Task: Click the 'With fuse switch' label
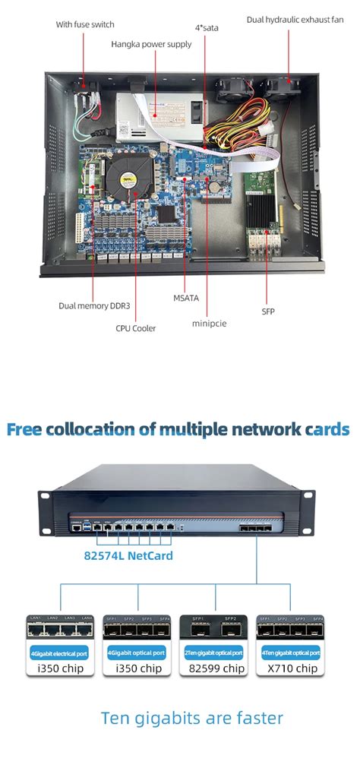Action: point(85,24)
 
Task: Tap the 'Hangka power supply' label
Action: point(151,44)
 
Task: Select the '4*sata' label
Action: point(207,27)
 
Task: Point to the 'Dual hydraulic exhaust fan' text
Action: point(295,18)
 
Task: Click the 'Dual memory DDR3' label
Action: point(93,306)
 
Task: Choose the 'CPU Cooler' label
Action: point(136,329)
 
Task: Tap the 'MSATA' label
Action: point(185,299)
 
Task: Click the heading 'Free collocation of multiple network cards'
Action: point(178,429)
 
